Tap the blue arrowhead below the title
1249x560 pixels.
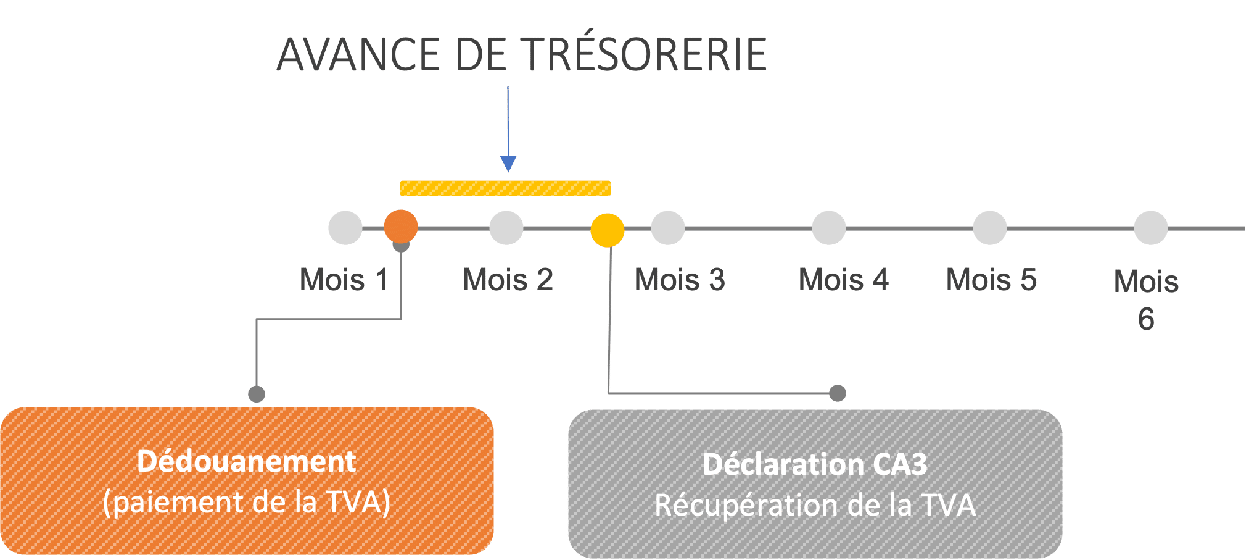coord(508,164)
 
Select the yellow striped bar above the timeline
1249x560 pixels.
coord(505,188)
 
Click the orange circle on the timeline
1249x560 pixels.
coord(401,227)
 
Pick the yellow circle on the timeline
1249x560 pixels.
coord(608,230)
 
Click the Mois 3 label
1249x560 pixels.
coord(680,280)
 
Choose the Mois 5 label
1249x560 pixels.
coord(991,280)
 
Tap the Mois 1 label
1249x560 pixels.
coord(344,280)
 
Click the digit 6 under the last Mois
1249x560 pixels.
coord(1146,319)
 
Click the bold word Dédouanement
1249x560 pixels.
coord(247,462)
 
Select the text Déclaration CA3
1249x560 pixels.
coord(814,464)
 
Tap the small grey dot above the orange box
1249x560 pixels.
coord(257,394)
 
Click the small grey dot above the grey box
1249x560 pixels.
coord(837,393)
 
